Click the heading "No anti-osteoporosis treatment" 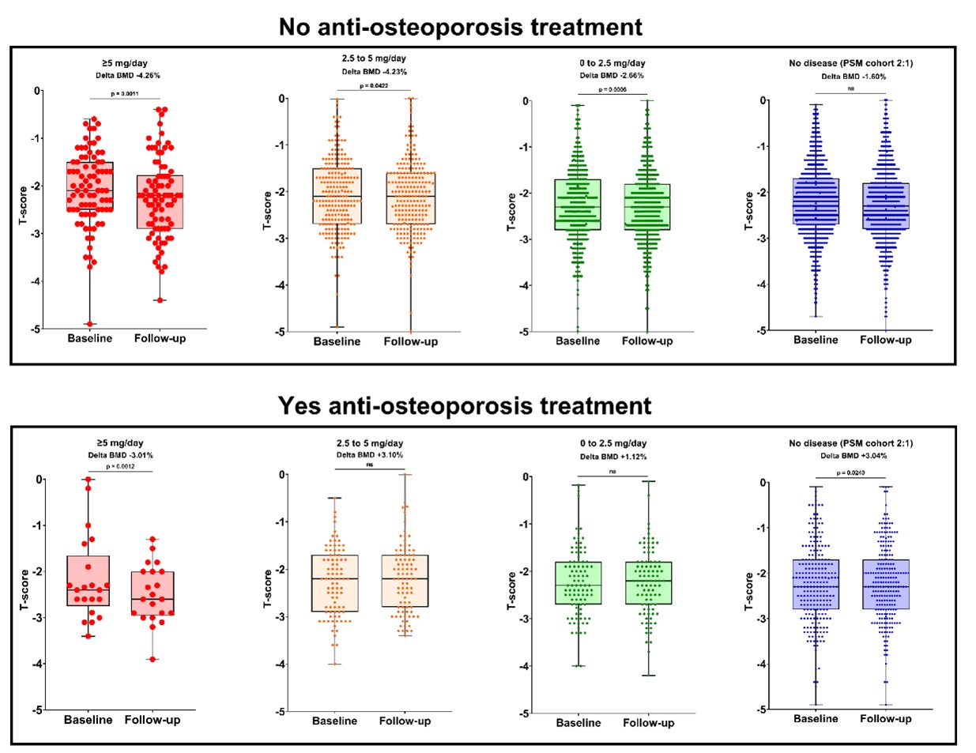460,27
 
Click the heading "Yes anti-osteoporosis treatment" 465,405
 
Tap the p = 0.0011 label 125,93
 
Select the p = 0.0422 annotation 375,85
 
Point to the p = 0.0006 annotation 612,89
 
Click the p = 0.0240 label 851,473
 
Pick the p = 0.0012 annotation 121,466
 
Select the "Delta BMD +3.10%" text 370,455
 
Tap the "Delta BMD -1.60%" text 854,77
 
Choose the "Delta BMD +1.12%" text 613,457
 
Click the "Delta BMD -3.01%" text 121,455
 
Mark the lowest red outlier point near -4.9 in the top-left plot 89,324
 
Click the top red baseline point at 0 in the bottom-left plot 89,480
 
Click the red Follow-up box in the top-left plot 160,202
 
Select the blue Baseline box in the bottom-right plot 816,585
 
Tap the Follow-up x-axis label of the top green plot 647,341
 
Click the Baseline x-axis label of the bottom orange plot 334,721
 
